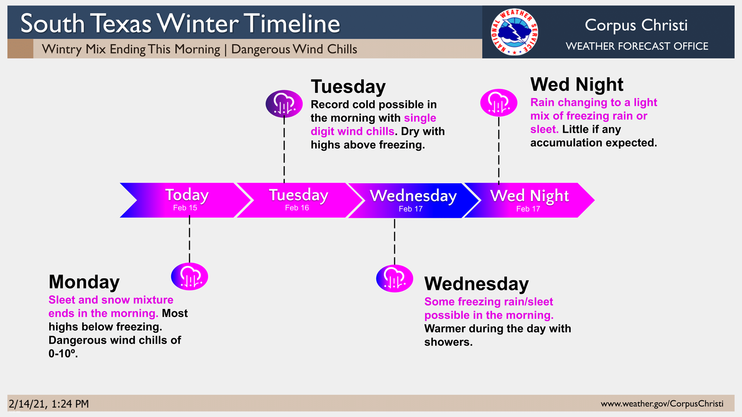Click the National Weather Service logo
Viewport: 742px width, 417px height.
point(514,32)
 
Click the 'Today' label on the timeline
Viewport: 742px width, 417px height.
point(187,195)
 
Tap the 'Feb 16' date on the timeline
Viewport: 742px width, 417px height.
point(297,208)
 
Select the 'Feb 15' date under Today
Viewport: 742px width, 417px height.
point(185,208)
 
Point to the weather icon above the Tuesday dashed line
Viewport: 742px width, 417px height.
point(284,104)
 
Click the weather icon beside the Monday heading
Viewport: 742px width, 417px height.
point(189,276)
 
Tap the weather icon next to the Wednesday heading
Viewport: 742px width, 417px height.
point(395,279)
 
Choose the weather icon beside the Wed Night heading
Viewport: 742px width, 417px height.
point(499,103)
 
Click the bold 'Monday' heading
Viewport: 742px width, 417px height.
point(84,282)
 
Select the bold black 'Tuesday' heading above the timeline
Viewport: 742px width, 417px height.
point(348,87)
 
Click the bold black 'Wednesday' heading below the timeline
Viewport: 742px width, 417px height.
point(476,284)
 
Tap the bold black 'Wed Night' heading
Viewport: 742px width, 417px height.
point(577,84)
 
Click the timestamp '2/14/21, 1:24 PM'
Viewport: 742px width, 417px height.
point(49,404)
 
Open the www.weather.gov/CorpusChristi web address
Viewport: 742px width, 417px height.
point(662,404)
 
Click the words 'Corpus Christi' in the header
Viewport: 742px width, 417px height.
point(636,25)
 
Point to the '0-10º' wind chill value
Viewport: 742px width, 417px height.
point(63,354)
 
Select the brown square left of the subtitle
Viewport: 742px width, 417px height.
point(20,49)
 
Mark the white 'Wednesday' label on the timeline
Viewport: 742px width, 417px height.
point(413,196)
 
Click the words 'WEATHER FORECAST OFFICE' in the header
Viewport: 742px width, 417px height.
point(637,46)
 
